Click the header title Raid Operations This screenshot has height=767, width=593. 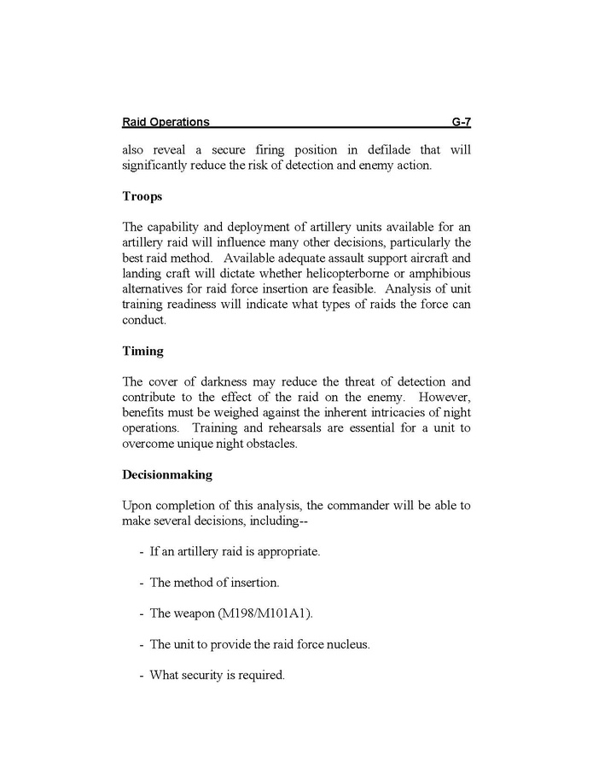(166, 122)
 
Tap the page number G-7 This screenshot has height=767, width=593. (461, 122)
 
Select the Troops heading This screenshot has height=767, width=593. (142, 196)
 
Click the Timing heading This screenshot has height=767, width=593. (143, 351)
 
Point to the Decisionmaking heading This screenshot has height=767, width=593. (167, 474)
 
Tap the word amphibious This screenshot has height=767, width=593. (437, 273)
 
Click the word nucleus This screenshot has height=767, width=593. (347, 644)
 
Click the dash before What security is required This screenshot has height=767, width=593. (141, 675)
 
